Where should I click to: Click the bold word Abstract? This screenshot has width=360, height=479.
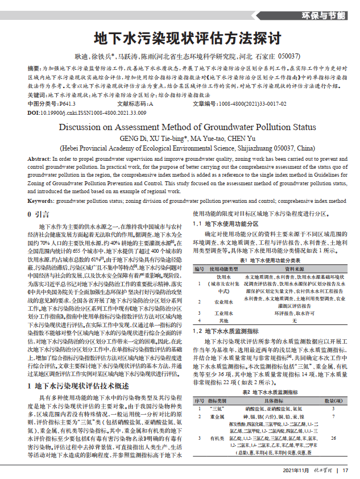click(39, 159)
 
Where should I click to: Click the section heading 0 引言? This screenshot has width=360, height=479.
click(39, 215)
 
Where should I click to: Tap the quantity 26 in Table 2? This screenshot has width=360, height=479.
click(333, 438)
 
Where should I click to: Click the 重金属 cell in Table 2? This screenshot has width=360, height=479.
click(217, 416)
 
